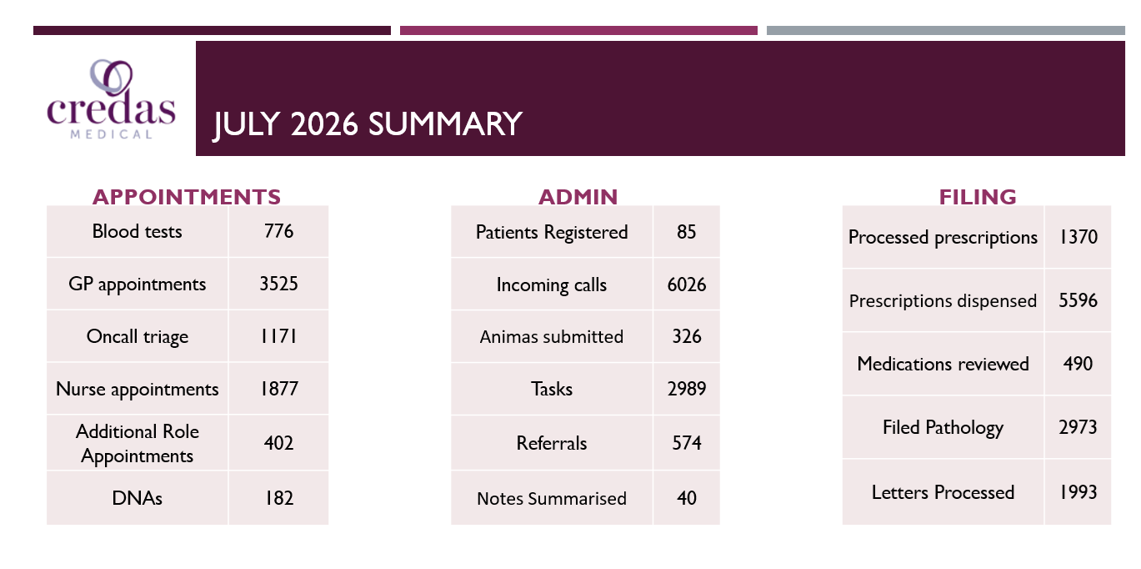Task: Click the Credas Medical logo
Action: point(111,99)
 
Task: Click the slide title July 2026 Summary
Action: point(368,123)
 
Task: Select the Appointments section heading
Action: point(187,197)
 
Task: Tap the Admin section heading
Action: point(578,197)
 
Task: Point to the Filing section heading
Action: point(978,197)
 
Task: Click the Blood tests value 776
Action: point(278,231)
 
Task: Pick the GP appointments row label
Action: point(137,284)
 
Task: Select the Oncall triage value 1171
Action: point(278,336)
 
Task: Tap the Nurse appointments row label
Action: point(137,389)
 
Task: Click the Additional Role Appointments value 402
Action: point(278,442)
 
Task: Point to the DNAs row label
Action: point(137,498)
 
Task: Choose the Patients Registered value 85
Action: point(687,232)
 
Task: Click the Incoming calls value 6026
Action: point(687,284)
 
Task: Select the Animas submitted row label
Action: point(552,336)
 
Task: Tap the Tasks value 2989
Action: point(687,389)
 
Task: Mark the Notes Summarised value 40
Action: point(687,498)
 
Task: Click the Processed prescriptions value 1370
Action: point(1078,237)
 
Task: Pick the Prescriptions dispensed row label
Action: point(943,301)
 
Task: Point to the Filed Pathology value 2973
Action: point(1078,427)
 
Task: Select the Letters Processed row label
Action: point(943,492)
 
